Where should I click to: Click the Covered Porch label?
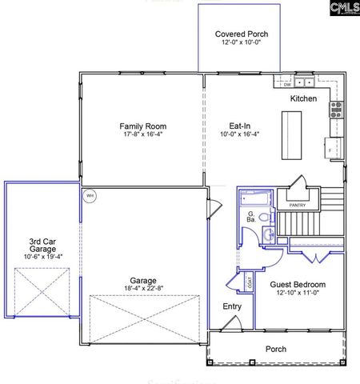coord(241,34)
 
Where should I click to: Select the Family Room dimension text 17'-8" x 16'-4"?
coord(144,135)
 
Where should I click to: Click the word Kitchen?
coord(303,98)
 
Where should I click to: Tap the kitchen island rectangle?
coord(292,131)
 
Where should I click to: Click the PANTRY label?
coord(298,205)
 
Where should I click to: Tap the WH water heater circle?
coord(90,194)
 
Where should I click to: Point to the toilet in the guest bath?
coord(270,234)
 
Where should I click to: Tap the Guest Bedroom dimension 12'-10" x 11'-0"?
coord(298,294)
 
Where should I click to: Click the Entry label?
coord(232,306)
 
